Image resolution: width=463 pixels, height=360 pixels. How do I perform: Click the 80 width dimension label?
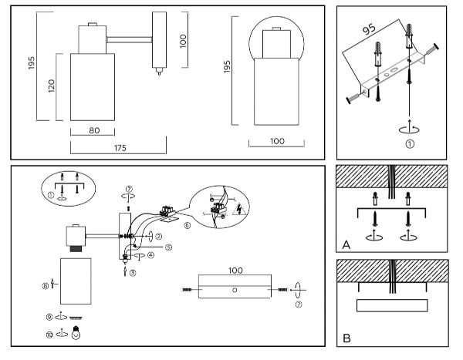pos(94,130)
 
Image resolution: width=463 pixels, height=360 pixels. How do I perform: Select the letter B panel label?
pos(346,338)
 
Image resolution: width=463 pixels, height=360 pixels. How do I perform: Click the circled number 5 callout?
pos(168,247)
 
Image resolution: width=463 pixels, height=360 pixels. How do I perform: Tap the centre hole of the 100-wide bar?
pos(235,289)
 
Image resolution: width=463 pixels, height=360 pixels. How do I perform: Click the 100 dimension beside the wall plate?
pos(183,40)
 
